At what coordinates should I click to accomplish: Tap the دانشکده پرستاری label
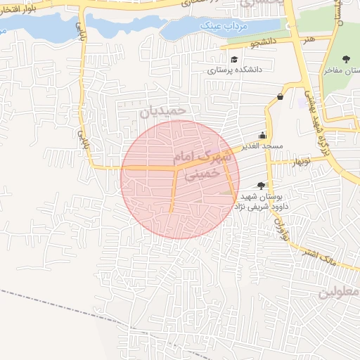[x=234, y=70]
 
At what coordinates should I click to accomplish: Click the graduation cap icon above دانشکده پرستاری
[x=233, y=59]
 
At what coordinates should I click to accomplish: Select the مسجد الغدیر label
[x=263, y=146]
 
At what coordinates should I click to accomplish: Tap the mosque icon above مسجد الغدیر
[x=263, y=135]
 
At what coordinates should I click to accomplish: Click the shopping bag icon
[x=281, y=96]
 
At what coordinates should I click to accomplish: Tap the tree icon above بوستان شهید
[x=261, y=186]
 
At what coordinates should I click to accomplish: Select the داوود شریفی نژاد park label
[x=263, y=208]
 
